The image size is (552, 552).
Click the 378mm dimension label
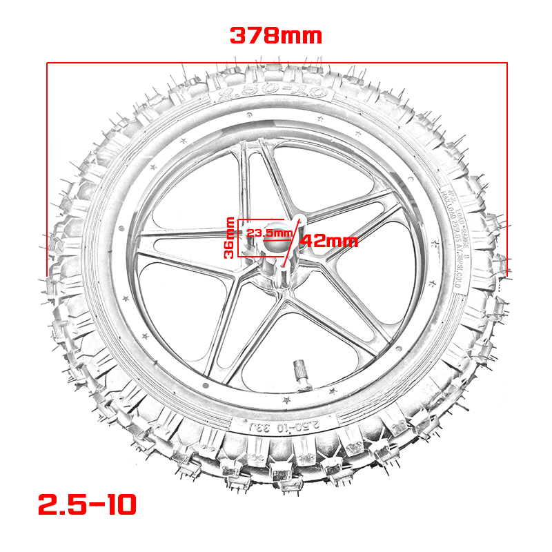coord(275,35)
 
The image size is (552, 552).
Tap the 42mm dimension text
coord(328,241)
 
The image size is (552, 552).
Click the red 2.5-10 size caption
coord(88,505)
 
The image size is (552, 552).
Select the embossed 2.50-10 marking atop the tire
coord(276,95)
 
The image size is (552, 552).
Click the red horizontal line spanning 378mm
coord(276,63)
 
